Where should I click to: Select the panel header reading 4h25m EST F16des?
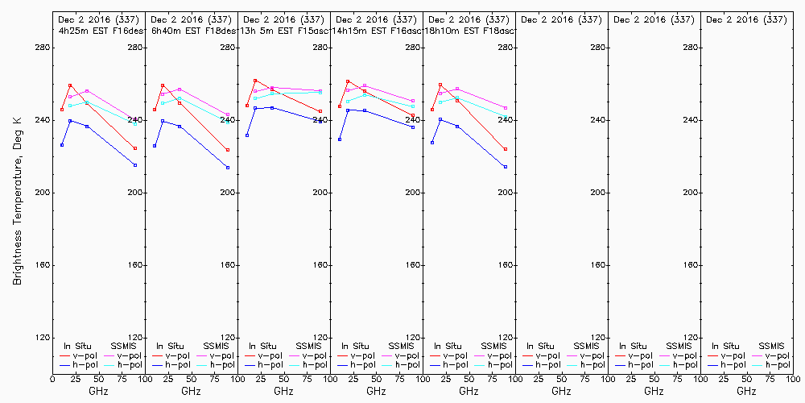(x=100, y=30)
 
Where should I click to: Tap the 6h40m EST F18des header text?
(x=192, y=30)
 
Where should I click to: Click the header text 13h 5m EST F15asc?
(x=284, y=30)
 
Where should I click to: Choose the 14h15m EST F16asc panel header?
(x=377, y=30)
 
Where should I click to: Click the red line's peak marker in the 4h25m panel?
(x=70, y=85)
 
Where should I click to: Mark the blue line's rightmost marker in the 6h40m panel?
(x=228, y=168)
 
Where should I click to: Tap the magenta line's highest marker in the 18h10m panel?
(x=457, y=89)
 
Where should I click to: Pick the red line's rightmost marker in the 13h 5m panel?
(x=320, y=111)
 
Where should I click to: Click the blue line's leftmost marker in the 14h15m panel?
(x=340, y=139)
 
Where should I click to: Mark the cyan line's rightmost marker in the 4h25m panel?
(x=135, y=123)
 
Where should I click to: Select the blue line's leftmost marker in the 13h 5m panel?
(x=247, y=135)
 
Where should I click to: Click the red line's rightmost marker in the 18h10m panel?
(x=506, y=149)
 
